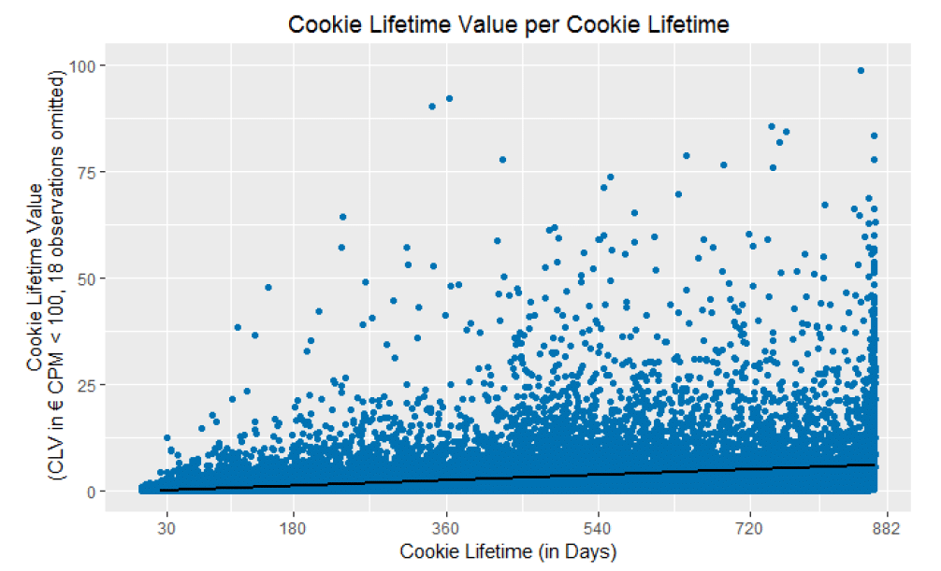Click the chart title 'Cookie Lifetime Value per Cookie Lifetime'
(x=508, y=25)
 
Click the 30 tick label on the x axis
(x=167, y=529)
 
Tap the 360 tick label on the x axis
(x=447, y=529)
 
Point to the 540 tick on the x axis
(x=600, y=529)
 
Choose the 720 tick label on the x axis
(x=751, y=529)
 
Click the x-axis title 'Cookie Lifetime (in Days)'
(x=508, y=551)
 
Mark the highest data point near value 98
(x=861, y=70)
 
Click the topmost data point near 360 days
(x=449, y=98)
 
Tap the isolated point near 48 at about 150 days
(x=268, y=287)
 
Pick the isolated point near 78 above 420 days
(x=502, y=160)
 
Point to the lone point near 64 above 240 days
(x=342, y=217)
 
